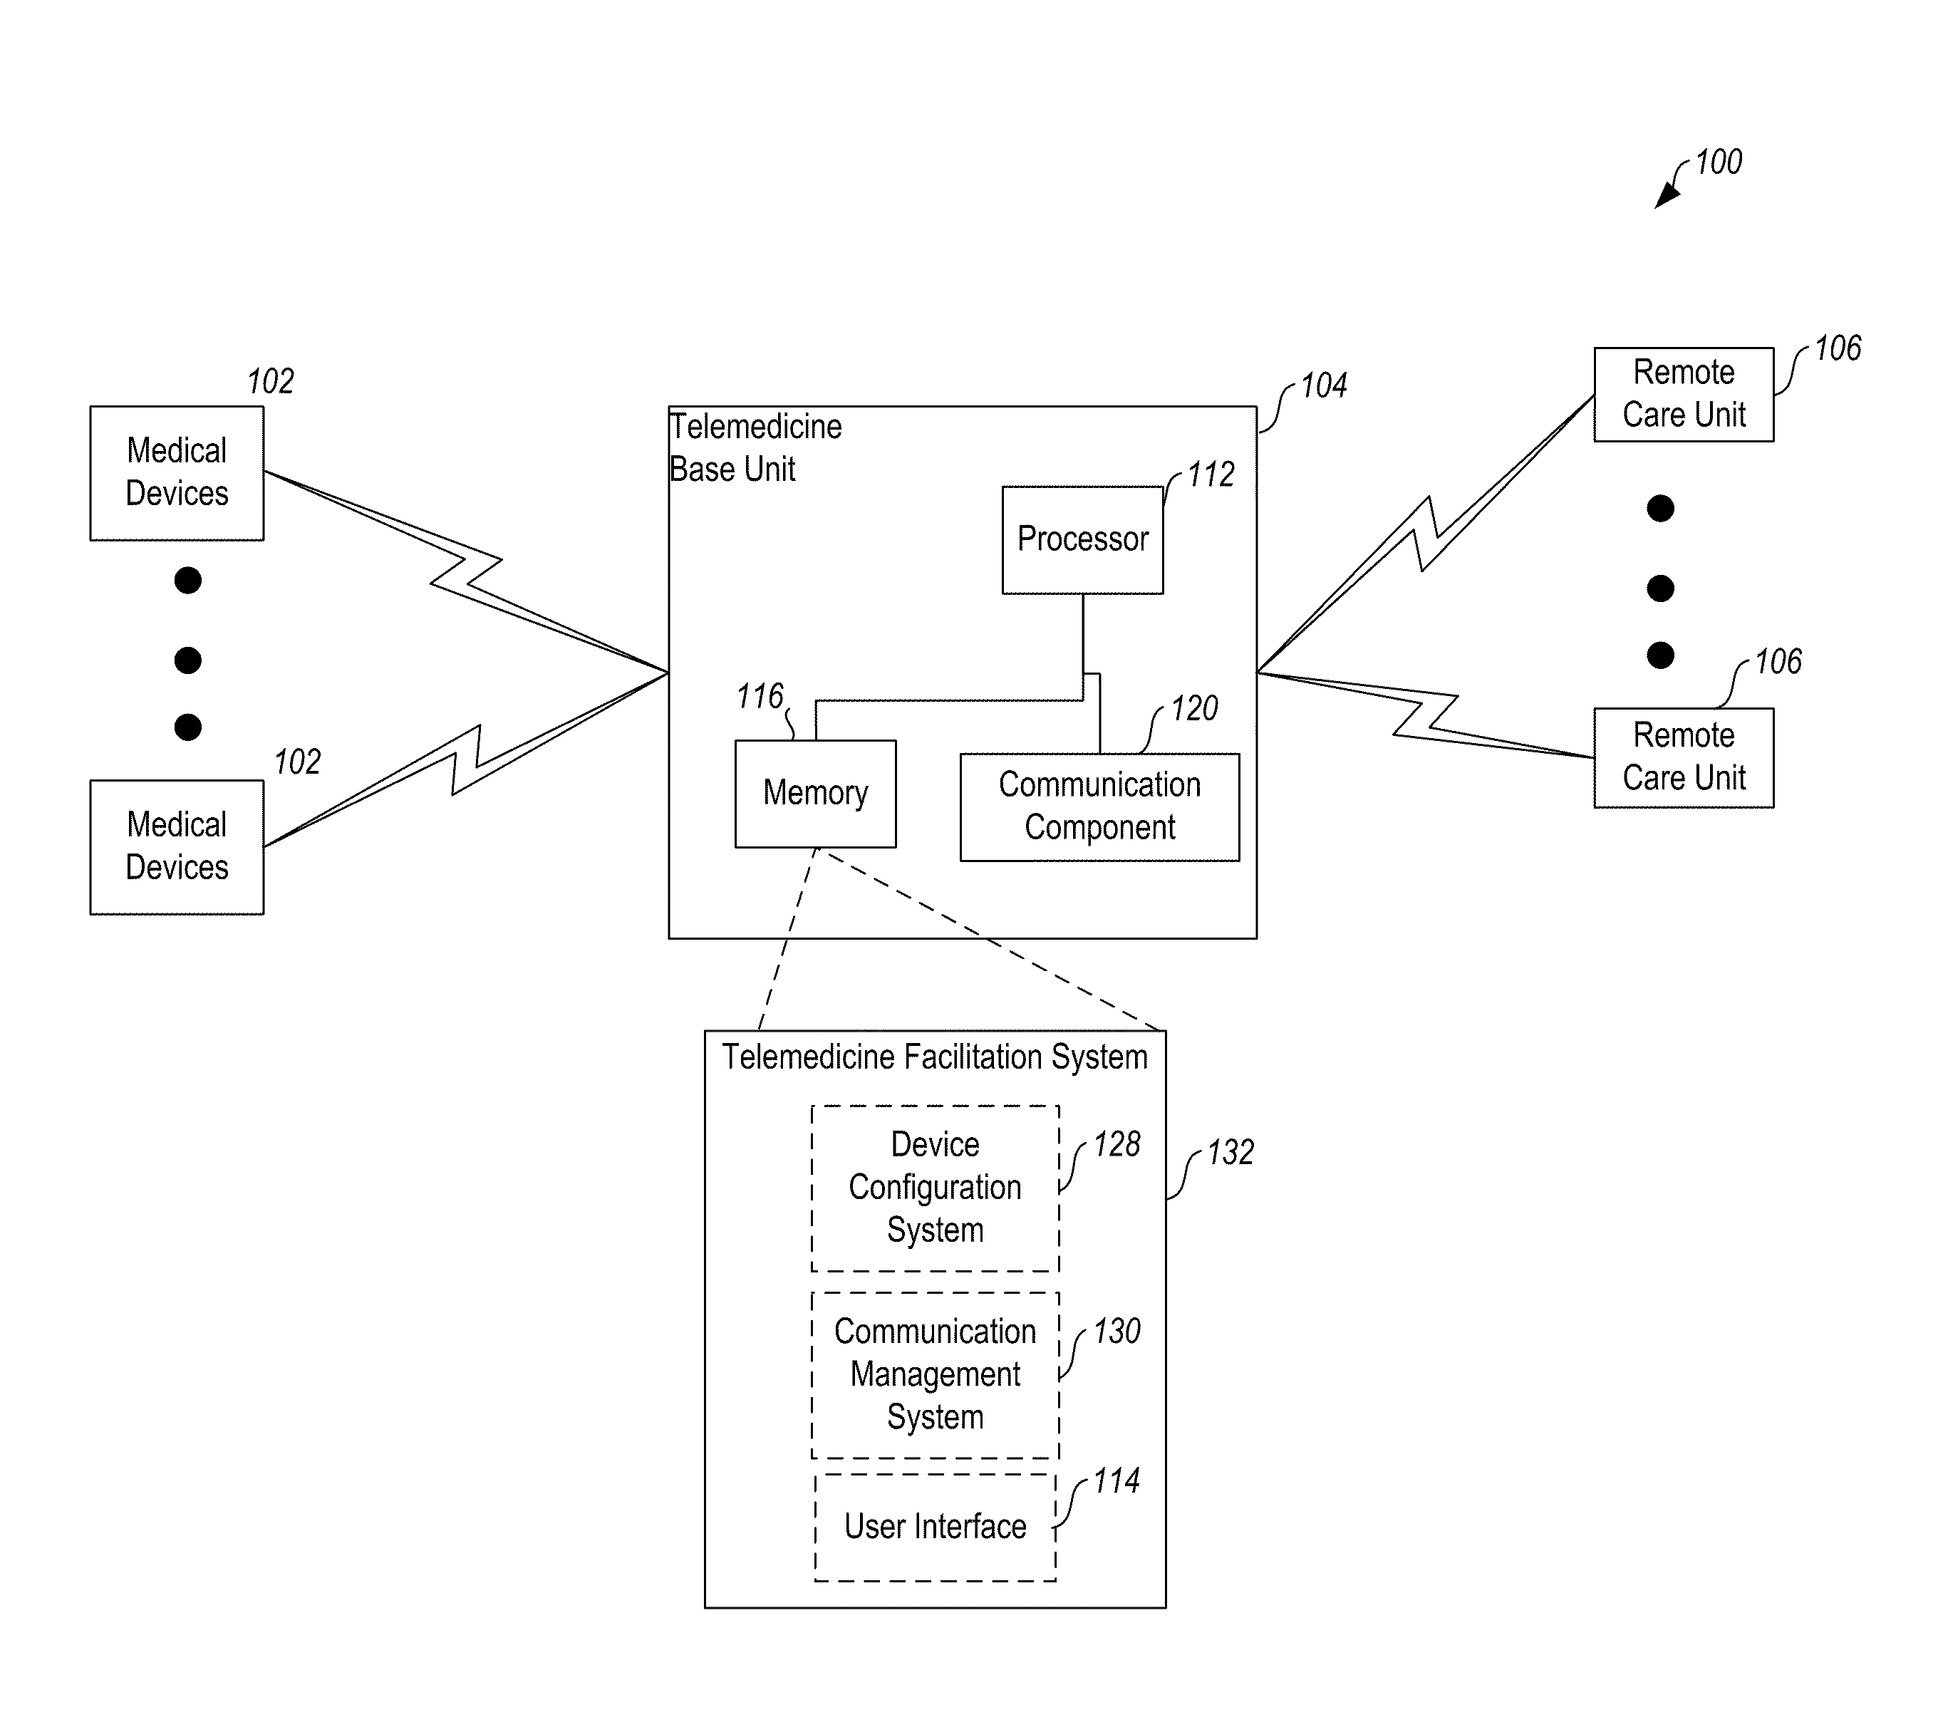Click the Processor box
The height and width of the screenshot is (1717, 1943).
pos(1083,540)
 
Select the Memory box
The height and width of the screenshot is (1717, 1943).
pos(816,794)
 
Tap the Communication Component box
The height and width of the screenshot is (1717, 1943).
pos(1100,807)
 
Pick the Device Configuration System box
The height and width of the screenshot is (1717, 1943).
pos(936,1188)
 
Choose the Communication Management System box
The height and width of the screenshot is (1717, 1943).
pos(936,1375)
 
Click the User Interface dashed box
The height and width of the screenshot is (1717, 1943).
pos(936,1527)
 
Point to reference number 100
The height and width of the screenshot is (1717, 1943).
pos(1719,162)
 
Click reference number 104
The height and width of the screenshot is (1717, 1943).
pos(1324,386)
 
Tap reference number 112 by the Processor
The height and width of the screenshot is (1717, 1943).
pos(1211,474)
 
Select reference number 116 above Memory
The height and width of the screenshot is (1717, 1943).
pos(760,697)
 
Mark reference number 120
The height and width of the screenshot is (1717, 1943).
pos(1194,708)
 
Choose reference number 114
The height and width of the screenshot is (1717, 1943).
pos(1116,1481)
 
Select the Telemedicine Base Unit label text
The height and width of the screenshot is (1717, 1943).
pos(756,448)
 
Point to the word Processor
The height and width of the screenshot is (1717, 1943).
pos(1083,539)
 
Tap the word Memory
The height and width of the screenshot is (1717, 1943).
pos(816,794)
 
